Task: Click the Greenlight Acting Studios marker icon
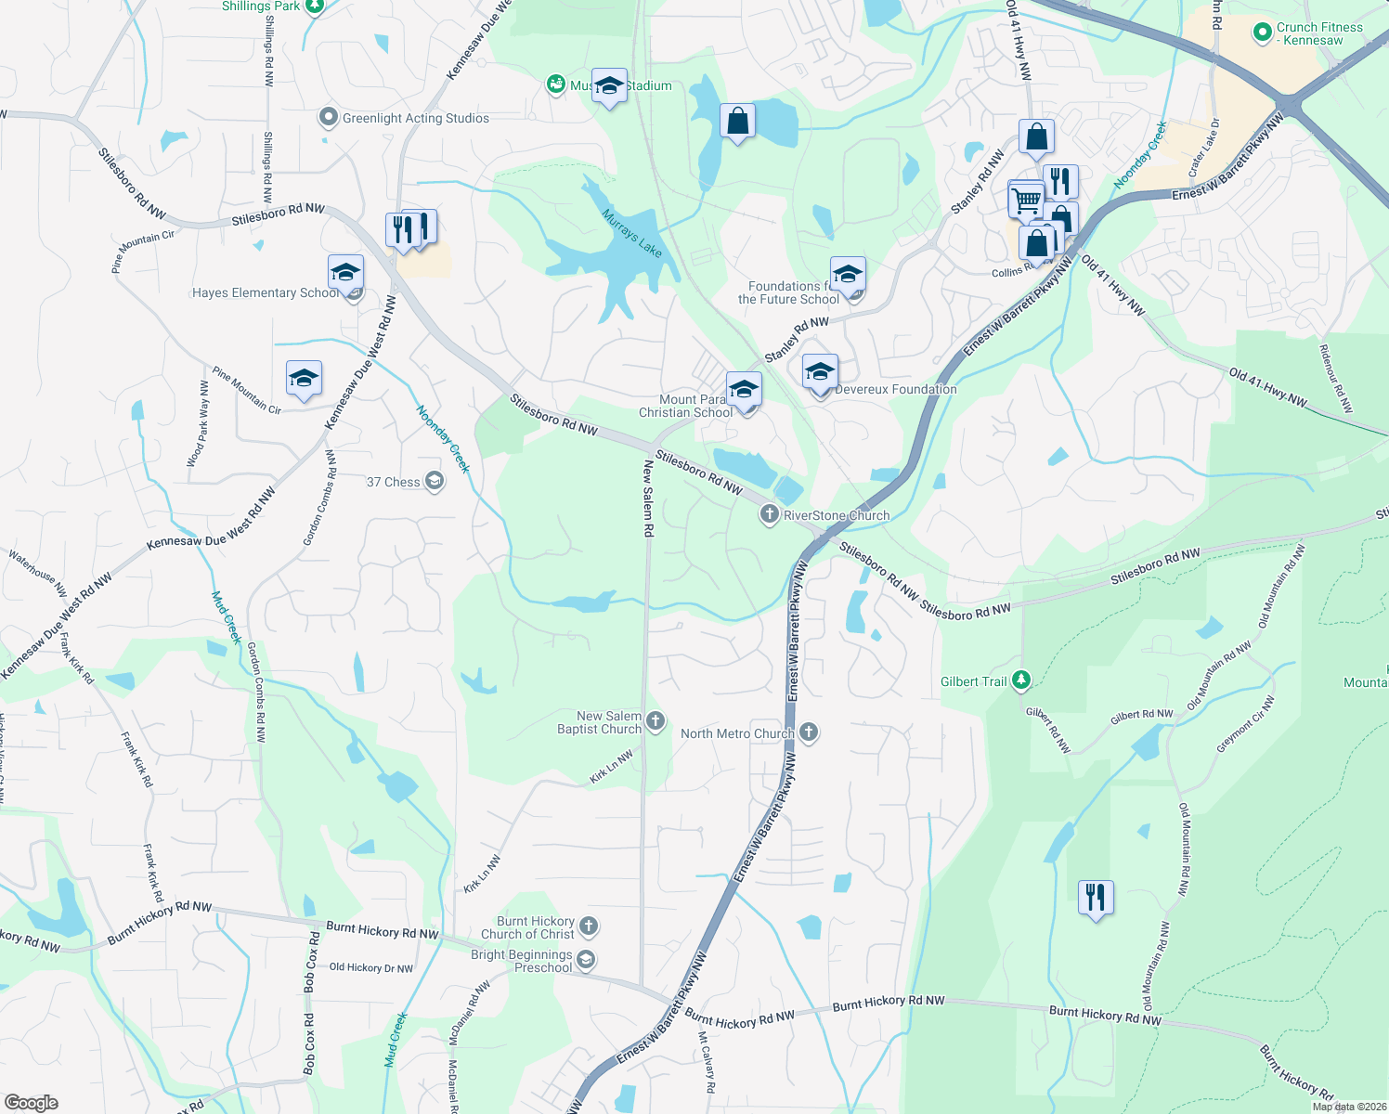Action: (328, 118)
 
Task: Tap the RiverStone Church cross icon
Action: (769, 514)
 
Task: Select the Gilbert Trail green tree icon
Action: (1021, 680)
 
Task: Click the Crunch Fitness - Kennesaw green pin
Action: (1262, 33)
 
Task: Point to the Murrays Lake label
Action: (631, 233)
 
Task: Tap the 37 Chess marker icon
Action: (434, 481)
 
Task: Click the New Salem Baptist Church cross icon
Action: (655, 721)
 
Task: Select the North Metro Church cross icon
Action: (809, 732)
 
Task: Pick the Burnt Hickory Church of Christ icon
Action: (589, 926)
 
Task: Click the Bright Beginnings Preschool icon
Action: (585, 960)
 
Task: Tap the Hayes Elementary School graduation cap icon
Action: (345, 272)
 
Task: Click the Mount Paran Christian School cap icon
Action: (744, 389)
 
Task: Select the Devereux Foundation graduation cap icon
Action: (820, 372)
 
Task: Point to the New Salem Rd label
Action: (648, 499)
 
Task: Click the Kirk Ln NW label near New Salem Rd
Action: (611, 767)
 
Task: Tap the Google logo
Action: (32, 1103)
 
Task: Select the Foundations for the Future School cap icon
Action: (848, 275)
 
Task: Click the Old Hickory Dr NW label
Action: (371, 967)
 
